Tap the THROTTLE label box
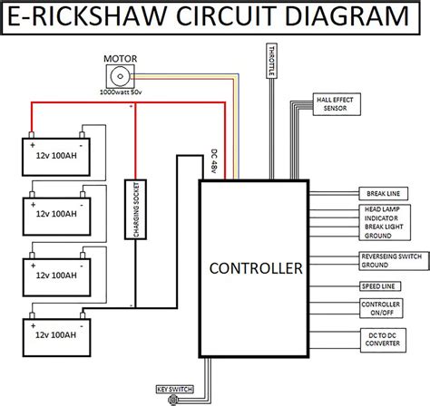(x=271, y=61)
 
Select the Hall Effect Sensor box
(x=337, y=104)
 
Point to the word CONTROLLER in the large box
(x=256, y=268)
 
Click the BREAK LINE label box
(x=383, y=194)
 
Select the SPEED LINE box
(x=380, y=286)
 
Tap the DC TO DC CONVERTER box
(x=383, y=340)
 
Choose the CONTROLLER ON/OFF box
(x=381, y=308)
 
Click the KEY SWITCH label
(x=175, y=390)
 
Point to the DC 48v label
(x=214, y=161)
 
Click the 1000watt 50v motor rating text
(x=121, y=92)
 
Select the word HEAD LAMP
(x=382, y=209)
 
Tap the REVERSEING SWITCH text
(x=392, y=256)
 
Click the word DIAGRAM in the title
(x=347, y=16)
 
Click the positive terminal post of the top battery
(x=31, y=135)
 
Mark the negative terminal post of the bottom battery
(x=83, y=315)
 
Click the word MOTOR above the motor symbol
(x=121, y=59)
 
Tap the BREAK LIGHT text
(x=384, y=227)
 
